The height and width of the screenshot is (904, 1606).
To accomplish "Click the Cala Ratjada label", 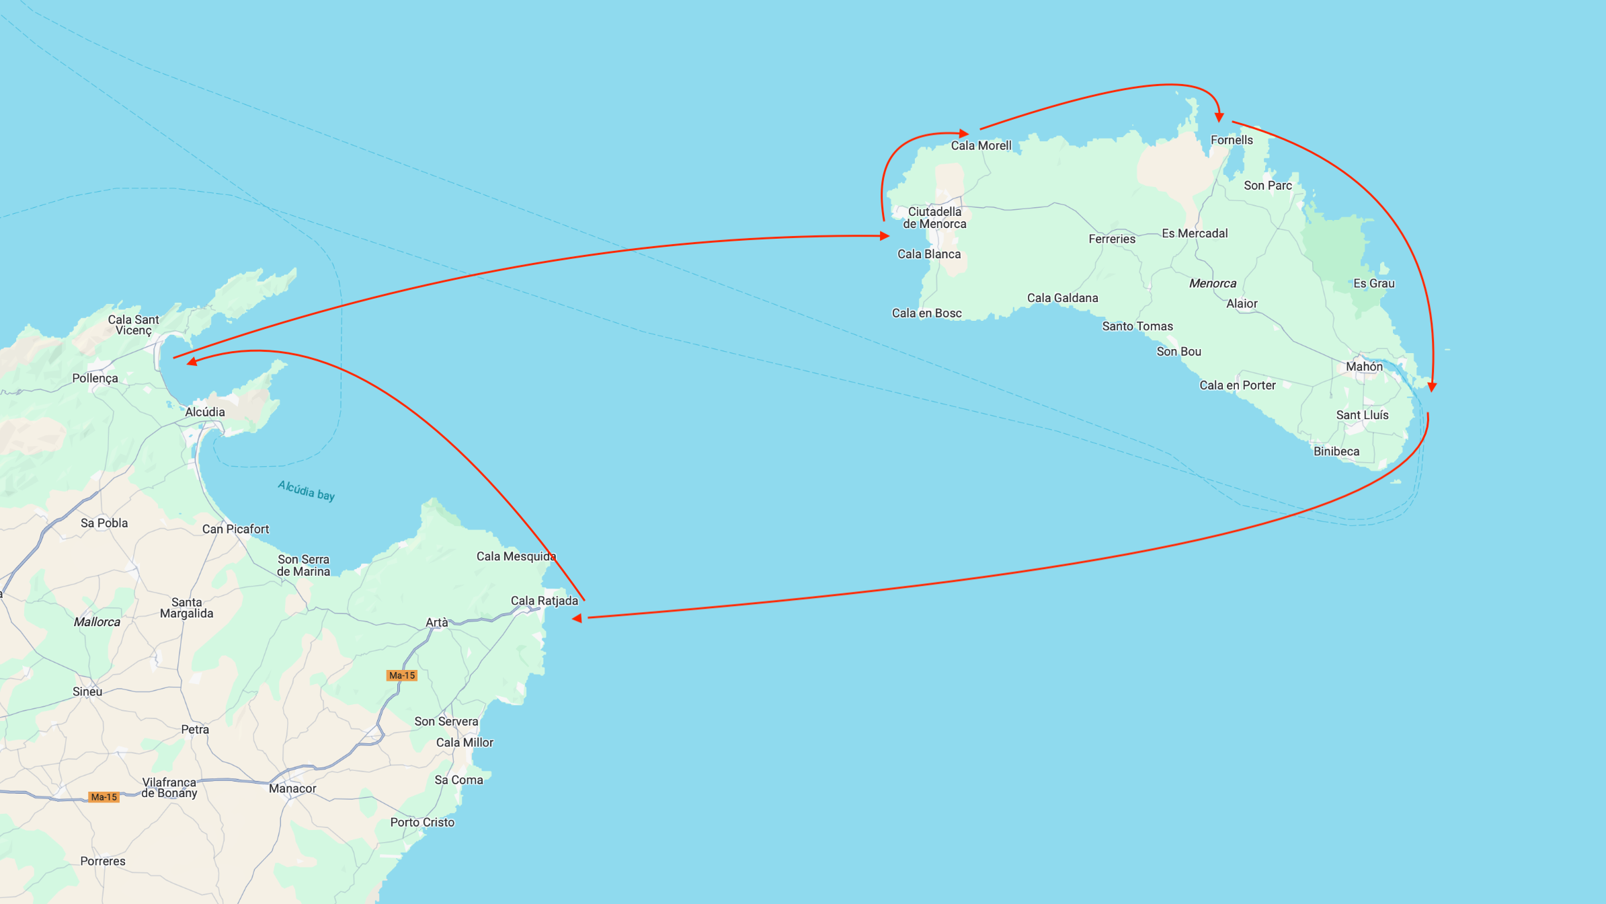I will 544,601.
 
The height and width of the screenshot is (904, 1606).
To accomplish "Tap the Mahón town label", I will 1364,367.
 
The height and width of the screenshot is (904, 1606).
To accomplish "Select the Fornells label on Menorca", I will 1232,140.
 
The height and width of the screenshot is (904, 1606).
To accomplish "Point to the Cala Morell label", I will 981,145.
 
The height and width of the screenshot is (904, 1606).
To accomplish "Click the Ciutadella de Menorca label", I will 934,218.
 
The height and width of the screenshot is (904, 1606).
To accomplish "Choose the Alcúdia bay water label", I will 307,490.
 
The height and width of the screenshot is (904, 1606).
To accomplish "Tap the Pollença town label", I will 95,378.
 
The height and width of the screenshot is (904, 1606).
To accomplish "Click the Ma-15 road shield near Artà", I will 402,675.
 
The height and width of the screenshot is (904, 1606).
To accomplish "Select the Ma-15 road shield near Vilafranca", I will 104,797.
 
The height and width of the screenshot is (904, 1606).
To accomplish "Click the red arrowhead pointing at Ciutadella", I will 885,236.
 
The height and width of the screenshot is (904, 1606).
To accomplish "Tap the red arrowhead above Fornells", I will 1219,118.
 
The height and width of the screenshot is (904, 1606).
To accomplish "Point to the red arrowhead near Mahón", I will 1432,387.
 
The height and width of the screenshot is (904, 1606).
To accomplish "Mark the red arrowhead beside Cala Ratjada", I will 577,618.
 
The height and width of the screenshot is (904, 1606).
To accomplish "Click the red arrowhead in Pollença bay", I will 192,361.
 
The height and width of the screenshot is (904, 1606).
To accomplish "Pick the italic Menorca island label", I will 1212,283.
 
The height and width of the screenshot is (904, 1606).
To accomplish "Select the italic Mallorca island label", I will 97,622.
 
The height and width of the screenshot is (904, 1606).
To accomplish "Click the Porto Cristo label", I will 422,822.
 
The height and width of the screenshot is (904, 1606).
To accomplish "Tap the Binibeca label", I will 1336,451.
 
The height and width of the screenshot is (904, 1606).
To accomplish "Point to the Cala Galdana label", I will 1062,298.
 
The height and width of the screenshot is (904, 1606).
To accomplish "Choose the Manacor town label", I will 292,788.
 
